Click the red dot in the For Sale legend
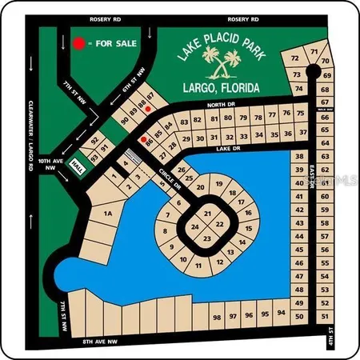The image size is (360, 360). point(78,45)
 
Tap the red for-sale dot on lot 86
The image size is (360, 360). point(144,140)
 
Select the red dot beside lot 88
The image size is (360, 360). point(147,108)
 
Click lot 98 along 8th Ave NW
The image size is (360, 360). point(216,318)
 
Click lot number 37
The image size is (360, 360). point(301,130)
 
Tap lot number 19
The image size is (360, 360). point(218,184)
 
